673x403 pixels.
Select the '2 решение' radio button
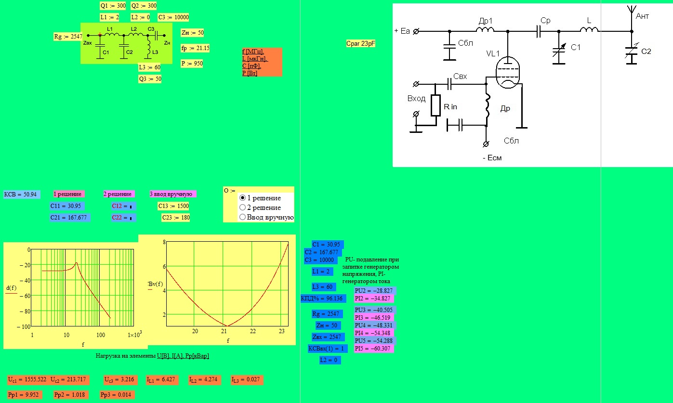point(242,208)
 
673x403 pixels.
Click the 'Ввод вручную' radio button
point(242,217)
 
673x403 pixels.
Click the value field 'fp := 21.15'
point(195,48)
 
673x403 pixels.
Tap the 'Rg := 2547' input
point(68,37)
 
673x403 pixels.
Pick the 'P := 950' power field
point(192,64)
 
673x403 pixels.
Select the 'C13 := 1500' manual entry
point(173,206)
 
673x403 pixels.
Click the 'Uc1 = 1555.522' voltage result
point(27,379)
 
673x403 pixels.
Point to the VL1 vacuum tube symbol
point(507,72)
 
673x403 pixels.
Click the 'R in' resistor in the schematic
point(435,105)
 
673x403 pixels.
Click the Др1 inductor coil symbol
point(485,29)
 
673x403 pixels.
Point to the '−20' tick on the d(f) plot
point(25,265)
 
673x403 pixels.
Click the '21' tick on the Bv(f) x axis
point(224,331)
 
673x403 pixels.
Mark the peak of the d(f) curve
point(76,263)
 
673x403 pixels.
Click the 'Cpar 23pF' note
point(360,43)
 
